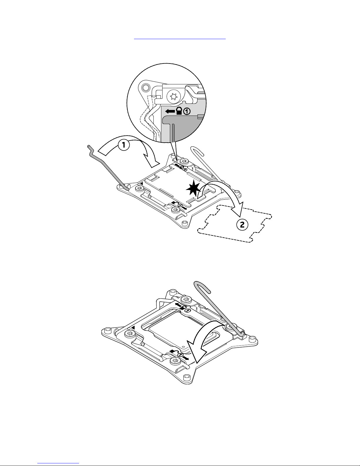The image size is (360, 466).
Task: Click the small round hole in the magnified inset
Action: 145,87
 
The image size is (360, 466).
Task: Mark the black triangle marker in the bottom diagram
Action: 133,327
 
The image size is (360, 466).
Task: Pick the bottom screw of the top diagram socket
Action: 176,210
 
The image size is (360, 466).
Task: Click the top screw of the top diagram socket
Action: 184,161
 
